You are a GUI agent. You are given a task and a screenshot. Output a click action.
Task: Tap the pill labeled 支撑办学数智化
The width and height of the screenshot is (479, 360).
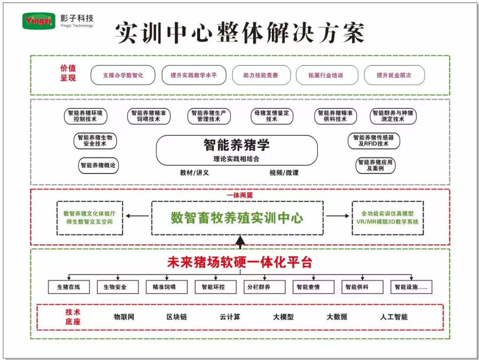(123, 75)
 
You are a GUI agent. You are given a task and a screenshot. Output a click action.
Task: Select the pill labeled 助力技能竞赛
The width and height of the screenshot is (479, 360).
(261, 75)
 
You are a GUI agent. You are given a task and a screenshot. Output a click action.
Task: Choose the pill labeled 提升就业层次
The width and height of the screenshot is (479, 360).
(394, 75)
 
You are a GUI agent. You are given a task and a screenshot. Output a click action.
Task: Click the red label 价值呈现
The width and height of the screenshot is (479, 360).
(68, 73)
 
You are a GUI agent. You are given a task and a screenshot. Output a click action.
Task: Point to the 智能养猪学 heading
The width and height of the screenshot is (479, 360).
(236, 145)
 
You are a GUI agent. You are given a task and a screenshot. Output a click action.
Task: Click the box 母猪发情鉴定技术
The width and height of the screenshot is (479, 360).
(272, 116)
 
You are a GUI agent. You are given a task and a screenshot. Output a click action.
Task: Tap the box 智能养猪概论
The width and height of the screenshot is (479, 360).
(98, 166)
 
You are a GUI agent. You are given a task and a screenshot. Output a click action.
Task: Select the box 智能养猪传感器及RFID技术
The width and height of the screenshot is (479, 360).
(373, 141)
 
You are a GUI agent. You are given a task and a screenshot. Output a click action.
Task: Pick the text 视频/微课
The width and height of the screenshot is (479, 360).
(284, 173)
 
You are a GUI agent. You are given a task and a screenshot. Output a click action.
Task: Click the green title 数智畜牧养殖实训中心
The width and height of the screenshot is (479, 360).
(237, 218)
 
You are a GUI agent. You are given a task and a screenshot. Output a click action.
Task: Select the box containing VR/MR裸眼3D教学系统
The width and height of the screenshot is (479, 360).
(387, 218)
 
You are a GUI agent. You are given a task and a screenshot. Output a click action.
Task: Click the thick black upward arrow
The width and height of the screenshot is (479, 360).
(240, 242)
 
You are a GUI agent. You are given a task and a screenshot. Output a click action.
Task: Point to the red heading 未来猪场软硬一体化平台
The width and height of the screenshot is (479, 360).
(239, 262)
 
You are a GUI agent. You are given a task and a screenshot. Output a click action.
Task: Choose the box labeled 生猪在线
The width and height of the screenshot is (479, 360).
(69, 287)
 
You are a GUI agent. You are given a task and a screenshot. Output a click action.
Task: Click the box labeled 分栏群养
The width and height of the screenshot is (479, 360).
(259, 287)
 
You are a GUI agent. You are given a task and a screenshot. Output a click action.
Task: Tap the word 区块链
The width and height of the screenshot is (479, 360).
(177, 317)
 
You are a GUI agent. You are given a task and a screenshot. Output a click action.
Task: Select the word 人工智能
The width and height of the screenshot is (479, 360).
(393, 317)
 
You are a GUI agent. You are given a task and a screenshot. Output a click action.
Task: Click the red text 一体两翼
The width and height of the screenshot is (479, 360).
(239, 195)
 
